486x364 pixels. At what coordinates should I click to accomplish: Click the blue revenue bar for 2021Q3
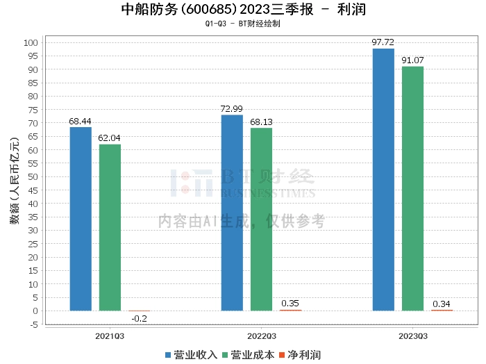point(81,219)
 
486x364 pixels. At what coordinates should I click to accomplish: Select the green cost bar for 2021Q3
point(110,227)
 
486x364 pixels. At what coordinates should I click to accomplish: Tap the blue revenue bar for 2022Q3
point(232,213)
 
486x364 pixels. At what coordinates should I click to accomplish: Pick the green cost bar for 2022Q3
point(261,219)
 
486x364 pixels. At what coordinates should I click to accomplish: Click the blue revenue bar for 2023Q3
point(383,179)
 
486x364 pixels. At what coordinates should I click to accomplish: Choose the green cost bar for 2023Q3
point(412,188)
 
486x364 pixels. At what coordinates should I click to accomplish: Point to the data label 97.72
point(383,42)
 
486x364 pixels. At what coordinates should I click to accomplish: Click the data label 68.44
point(81,121)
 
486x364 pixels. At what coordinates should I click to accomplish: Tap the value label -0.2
point(139,319)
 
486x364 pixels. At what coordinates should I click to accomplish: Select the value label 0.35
point(290,304)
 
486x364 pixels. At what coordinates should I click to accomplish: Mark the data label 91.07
point(412,60)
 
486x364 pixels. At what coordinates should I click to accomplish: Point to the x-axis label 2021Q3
point(110,336)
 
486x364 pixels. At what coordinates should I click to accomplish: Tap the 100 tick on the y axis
point(31,42)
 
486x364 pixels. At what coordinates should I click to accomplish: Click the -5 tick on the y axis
point(33,324)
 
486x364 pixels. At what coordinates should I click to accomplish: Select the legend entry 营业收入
point(192,354)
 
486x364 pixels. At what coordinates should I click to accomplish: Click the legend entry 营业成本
point(248,354)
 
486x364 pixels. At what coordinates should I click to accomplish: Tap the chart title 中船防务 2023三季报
point(243,10)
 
